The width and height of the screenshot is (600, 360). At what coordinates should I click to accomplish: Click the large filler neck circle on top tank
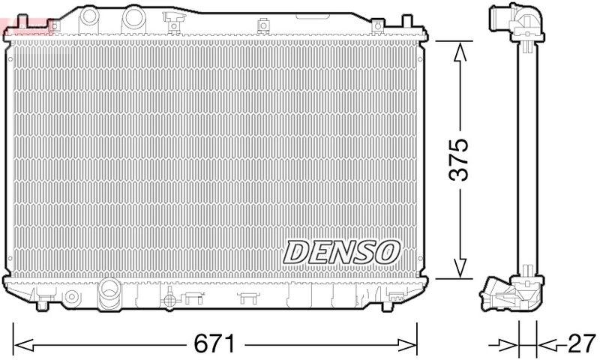point(133,16)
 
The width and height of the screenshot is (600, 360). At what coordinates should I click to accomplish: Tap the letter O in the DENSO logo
point(387,252)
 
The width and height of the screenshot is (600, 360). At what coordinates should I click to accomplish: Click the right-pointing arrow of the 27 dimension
point(510,344)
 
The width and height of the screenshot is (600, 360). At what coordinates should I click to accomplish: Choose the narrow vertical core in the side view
point(528,157)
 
